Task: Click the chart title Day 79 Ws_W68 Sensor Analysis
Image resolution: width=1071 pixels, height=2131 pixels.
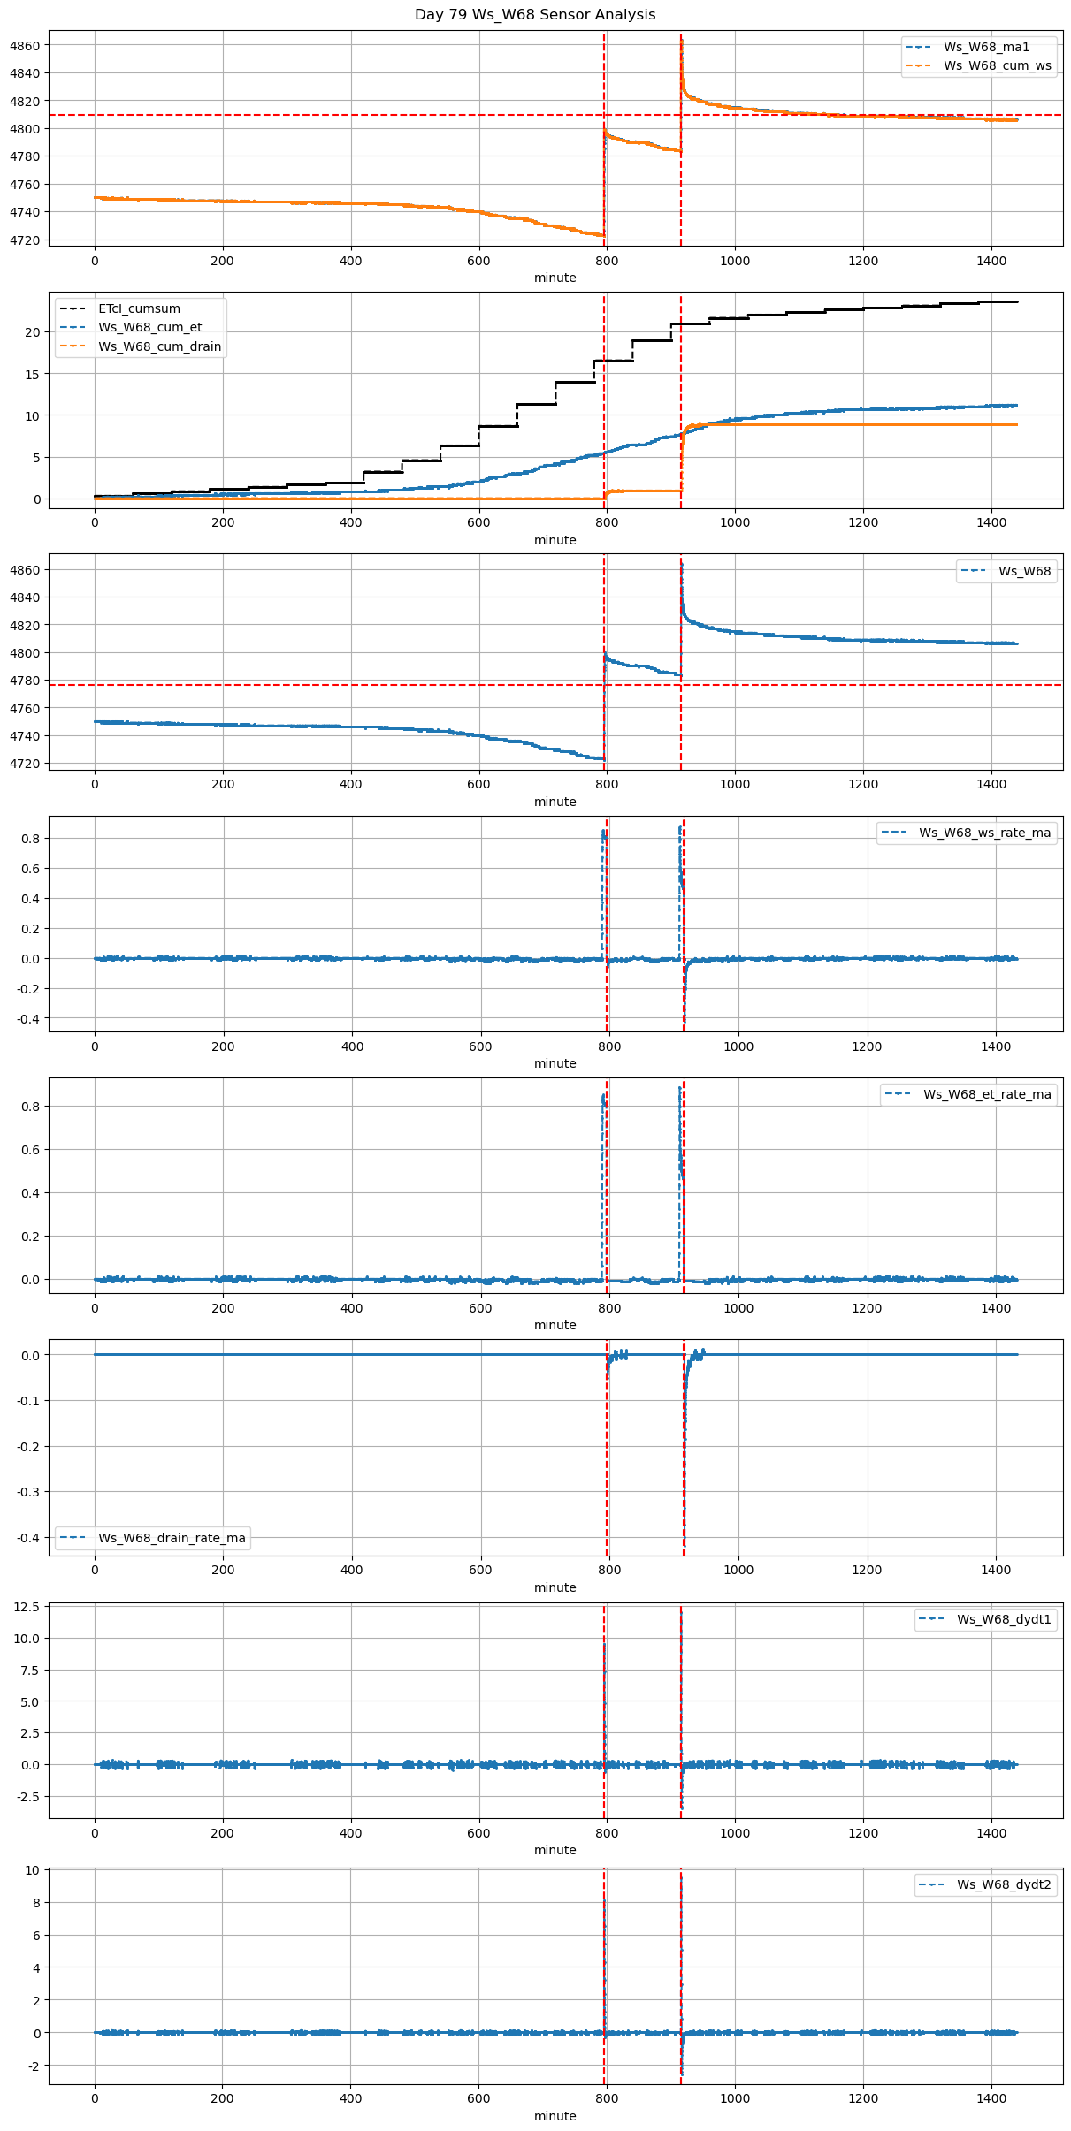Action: [x=535, y=15]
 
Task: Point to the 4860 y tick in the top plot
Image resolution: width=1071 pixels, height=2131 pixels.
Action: [x=25, y=45]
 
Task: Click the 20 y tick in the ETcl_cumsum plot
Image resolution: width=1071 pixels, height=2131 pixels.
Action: [x=34, y=332]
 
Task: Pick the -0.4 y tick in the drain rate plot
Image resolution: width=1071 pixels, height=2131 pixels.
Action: [x=28, y=1537]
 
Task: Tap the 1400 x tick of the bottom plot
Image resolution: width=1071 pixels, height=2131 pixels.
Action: [x=991, y=2098]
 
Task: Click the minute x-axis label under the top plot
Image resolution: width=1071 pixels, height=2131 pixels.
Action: [x=555, y=278]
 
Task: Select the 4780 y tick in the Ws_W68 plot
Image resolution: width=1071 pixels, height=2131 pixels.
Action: [x=25, y=681]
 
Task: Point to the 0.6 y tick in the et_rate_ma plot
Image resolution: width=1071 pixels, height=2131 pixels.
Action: [x=31, y=1150]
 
